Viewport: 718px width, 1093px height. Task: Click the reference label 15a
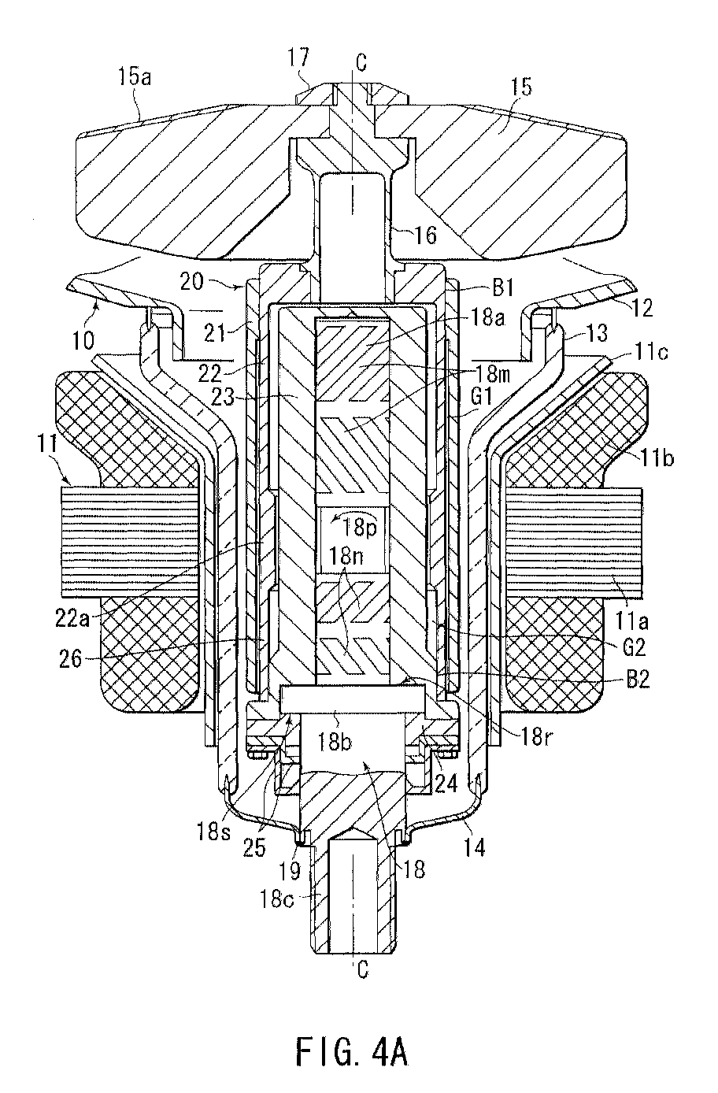point(134,77)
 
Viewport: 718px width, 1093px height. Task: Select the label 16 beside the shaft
point(425,235)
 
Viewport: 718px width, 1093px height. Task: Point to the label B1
point(503,287)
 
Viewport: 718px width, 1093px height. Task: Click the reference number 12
point(643,307)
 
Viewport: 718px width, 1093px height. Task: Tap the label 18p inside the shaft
point(360,528)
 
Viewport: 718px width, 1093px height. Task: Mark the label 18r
point(537,736)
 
